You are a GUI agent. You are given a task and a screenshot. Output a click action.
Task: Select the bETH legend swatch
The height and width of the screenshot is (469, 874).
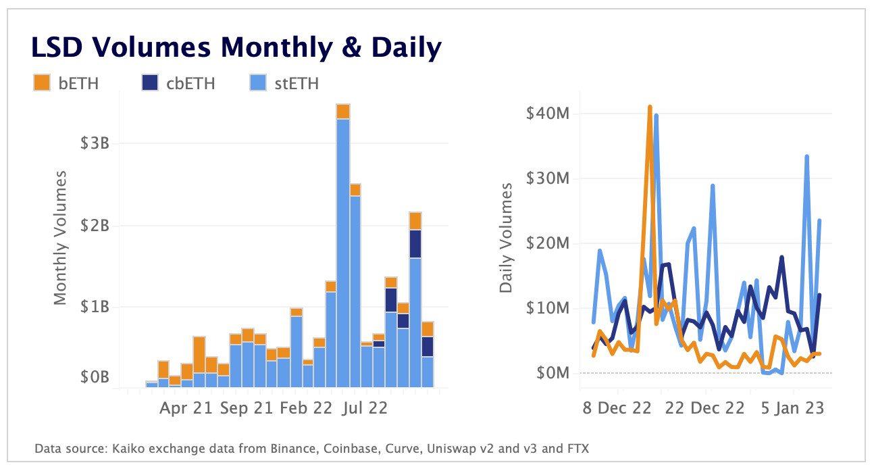(x=42, y=83)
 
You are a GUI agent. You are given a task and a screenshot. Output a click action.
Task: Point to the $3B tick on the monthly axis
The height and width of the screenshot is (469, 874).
(x=95, y=143)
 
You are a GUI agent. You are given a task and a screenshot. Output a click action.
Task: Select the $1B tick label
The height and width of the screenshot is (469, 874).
(x=95, y=307)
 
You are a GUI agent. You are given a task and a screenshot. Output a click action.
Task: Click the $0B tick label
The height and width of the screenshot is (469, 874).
(x=95, y=376)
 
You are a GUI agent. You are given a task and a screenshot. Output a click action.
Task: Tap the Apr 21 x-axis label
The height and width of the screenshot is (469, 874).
(x=186, y=408)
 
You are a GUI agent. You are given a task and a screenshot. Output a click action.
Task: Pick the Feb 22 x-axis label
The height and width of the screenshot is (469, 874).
(x=307, y=408)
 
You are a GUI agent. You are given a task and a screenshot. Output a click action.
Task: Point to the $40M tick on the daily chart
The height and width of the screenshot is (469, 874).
(x=547, y=113)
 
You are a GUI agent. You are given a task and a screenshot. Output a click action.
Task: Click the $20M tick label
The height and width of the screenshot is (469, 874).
(x=547, y=243)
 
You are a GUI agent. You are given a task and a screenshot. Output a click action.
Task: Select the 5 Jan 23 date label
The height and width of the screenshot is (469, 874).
(x=792, y=408)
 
